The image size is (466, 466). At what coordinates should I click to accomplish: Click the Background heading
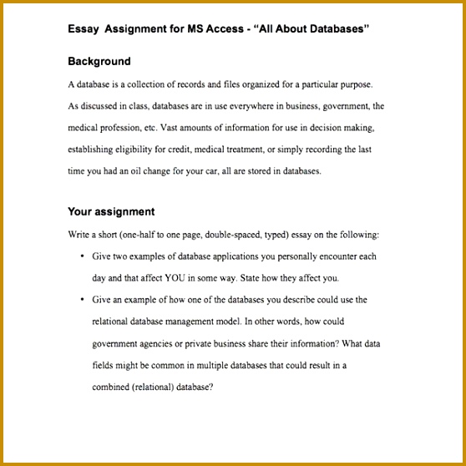pos(99,61)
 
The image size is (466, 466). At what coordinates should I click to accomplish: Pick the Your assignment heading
pos(111,211)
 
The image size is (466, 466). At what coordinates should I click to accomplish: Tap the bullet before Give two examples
pos(82,256)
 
